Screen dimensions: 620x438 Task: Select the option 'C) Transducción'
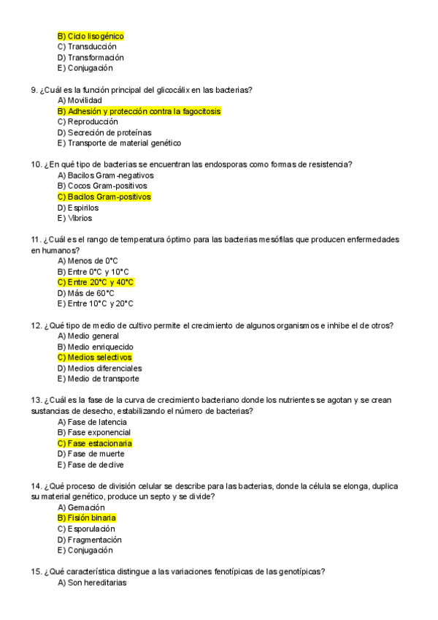(86, 47)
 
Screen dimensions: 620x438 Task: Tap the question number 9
(34, 90)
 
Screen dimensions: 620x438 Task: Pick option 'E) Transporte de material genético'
(119, 143)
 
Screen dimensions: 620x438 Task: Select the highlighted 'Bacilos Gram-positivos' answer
(104, 197)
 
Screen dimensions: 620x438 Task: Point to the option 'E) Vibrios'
(74, 218)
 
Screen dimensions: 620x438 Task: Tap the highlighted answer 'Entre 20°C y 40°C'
(95, 282)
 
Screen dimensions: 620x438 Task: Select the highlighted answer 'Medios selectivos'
(94, 358)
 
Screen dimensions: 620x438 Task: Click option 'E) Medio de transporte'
(98, 379)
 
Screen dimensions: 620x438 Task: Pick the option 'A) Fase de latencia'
(92, 422)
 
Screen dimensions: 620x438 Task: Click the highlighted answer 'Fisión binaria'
(86, 518)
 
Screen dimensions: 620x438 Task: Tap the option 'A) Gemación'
(81, 507)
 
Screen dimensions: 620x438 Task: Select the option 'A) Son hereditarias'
(92, 583)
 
